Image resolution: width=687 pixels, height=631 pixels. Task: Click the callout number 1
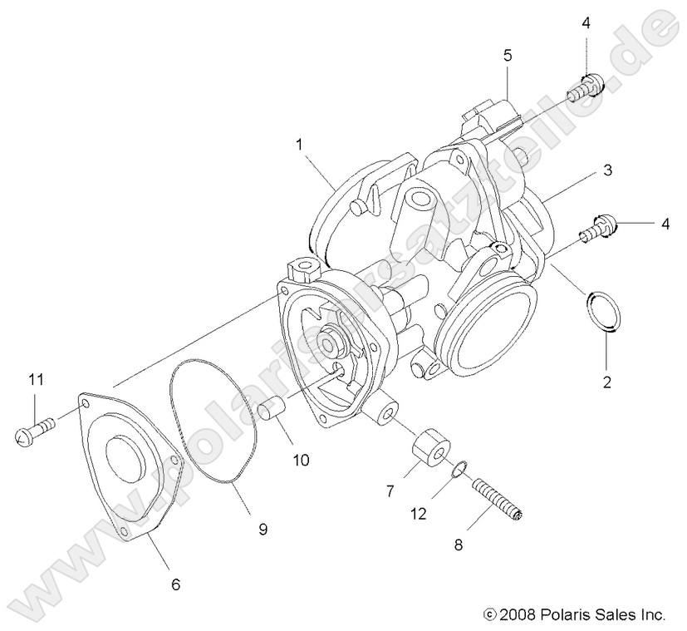[x=297, y=144]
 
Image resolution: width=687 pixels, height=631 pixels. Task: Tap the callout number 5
[x=508, y=57]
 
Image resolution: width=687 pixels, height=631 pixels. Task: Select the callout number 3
[x=607, y=170]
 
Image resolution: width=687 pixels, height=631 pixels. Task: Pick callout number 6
[x=175, y=584]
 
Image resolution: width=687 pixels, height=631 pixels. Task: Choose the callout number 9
[x=263, y=527]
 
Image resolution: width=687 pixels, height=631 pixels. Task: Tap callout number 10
[x=299, y=459]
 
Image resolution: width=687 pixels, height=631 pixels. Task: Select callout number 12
[x=417, y=514]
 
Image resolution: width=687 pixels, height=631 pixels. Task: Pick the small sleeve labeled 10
[x=273, y=412]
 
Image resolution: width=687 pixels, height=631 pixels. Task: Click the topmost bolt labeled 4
[x=588, y=86]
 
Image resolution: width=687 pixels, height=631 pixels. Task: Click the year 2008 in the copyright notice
[x=517, y=615]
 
